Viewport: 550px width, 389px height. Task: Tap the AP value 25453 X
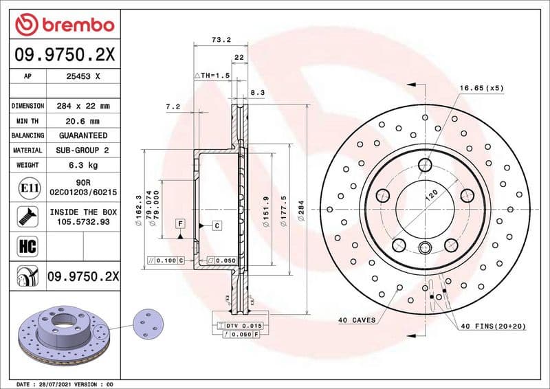pos(82,77)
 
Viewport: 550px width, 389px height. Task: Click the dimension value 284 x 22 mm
pos(82,106)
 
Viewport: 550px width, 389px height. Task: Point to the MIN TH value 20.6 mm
pos(82,121)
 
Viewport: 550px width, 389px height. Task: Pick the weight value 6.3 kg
pos(82,165)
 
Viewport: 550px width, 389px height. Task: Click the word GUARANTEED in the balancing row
pos(82,135)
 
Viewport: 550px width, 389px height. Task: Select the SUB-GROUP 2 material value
pos(82,150)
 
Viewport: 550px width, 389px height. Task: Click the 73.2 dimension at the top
pos(220,40)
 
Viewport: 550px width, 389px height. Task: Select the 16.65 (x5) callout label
pos(481,88)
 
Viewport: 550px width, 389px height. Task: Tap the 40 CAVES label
pos(356,320)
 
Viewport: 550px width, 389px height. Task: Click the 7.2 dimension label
pos(173,107)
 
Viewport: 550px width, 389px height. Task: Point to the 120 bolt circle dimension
pos(431,195)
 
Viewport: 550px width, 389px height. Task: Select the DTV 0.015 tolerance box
pos(245,324)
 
